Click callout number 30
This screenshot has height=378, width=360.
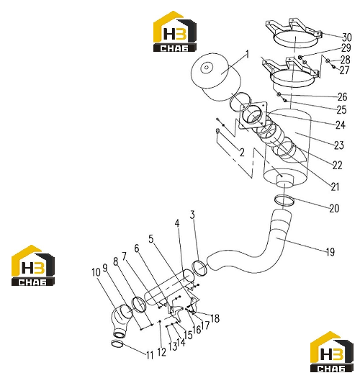[347, 37]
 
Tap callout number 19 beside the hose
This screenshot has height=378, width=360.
[330, 252]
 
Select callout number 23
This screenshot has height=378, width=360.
[339, 145]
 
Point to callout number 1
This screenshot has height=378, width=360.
[247, 55]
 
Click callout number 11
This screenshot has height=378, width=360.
[150, 355]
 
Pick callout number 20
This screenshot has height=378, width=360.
[334, 209]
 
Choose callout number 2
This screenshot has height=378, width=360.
[242, 153]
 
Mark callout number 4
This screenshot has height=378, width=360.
[177, 223]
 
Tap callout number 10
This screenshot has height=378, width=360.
[96, 272]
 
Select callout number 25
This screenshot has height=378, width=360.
[341, 110]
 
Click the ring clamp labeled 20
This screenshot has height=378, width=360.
[284, 201]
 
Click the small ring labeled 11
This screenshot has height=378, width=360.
[117, 343]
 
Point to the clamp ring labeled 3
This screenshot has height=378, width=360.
[199, 268]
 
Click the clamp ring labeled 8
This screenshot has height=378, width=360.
[139, 305]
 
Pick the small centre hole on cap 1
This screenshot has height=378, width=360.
[206, 68]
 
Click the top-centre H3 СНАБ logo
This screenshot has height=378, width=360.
[175, 32]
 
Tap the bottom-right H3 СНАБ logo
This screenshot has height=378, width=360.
[331, 351]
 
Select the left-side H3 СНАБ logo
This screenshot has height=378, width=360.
[33, 266]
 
